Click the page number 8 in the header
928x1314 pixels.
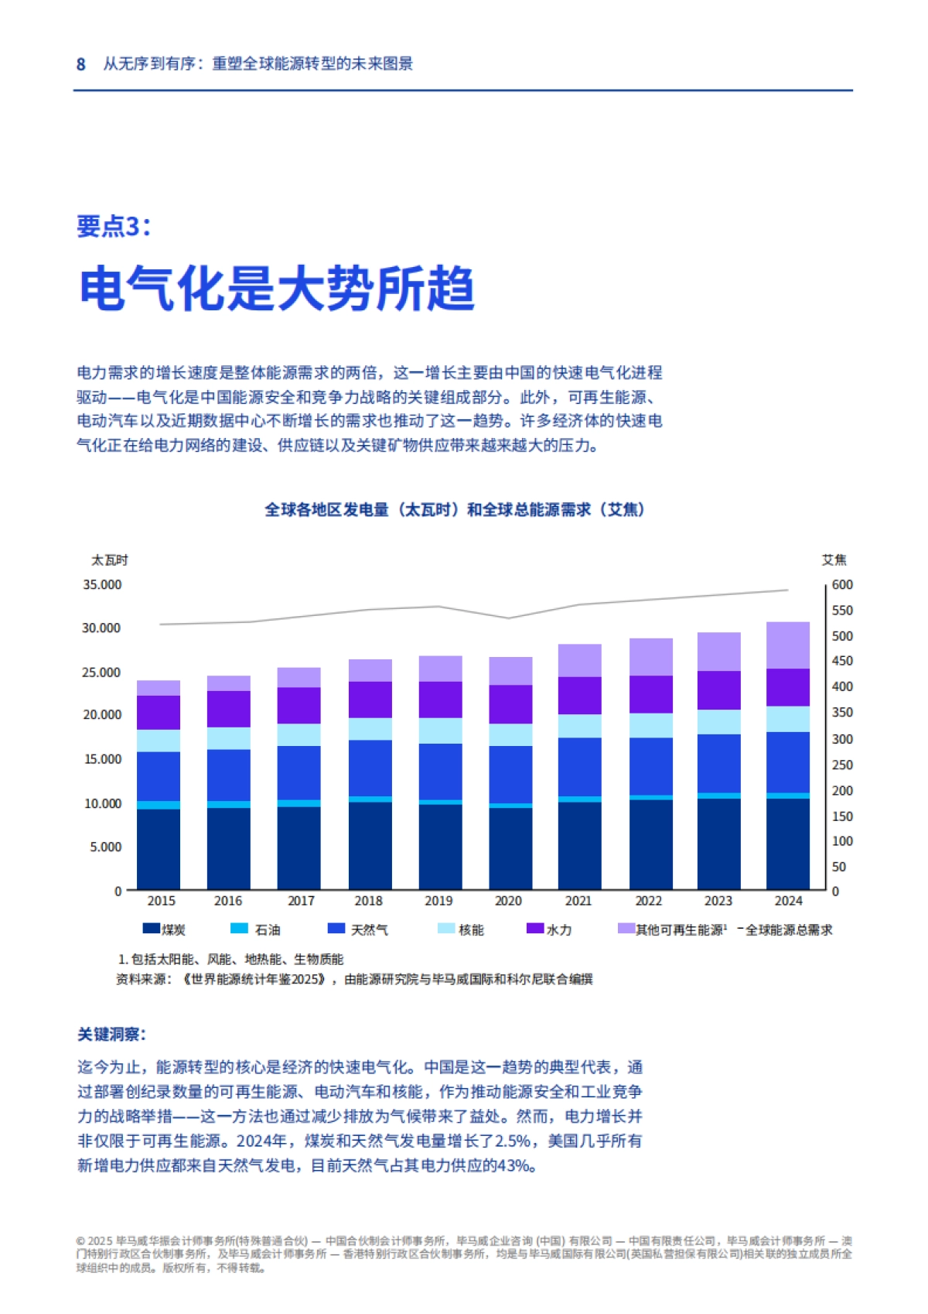click(x=80, y=64)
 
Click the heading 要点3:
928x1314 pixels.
click(x=114, y=226)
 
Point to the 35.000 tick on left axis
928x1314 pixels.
click(x=102, y=584)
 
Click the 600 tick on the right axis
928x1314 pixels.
click(x=842, y=584)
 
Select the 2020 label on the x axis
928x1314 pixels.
click(x=508, y=901)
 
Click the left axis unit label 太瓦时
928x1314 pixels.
click(x=109, y=559)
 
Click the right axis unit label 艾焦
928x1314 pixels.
click(x=834, y=559)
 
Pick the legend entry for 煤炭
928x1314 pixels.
click(x=164, y=929)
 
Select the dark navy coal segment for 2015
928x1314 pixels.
click(x=159, y=849)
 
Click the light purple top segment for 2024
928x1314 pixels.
click(x=788, y=645)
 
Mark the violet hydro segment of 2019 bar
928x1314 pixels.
click(x=440, y=700)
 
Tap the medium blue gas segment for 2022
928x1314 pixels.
click(x=650, y=766)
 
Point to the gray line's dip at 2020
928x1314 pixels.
click(x=508, y=618)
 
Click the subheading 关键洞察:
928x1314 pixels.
click(x=111, y=1035)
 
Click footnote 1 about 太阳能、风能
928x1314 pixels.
click(x=230, y=960)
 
